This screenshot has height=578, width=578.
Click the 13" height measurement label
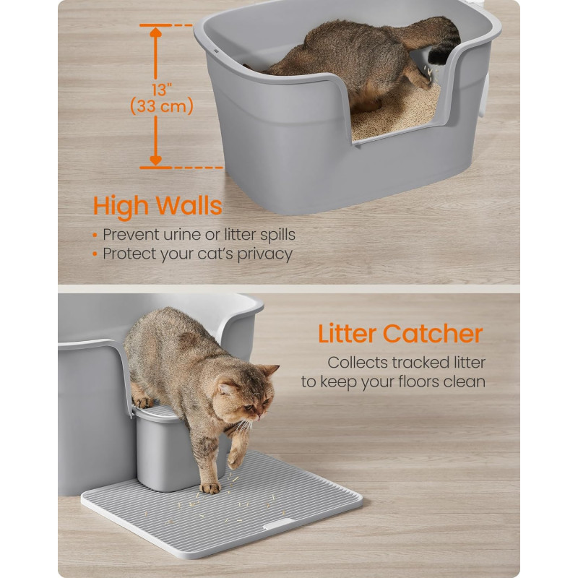[x=162, y=90]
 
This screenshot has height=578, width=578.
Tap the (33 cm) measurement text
[x=162, y=106]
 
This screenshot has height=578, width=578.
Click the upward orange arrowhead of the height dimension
[x=156, y=32]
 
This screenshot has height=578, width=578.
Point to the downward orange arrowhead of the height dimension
[x=156, y=160]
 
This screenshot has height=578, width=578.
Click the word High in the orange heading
[x=121, y=207]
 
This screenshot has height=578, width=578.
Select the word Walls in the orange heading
[x=189, y=205]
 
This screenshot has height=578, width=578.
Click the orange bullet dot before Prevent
[x=95, y=236]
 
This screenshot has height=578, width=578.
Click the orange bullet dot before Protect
[x=95, y=254]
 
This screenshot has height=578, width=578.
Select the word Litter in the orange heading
[x=348, y=334]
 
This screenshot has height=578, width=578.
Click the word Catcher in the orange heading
[x=433, y=334]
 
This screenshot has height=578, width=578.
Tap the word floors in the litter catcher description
[x=418, y=381]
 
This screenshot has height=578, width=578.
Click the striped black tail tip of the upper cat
[x=441, y=56]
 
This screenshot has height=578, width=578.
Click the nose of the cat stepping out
[x=260, y=417]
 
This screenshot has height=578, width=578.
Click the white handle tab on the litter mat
[x=279, y=523]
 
